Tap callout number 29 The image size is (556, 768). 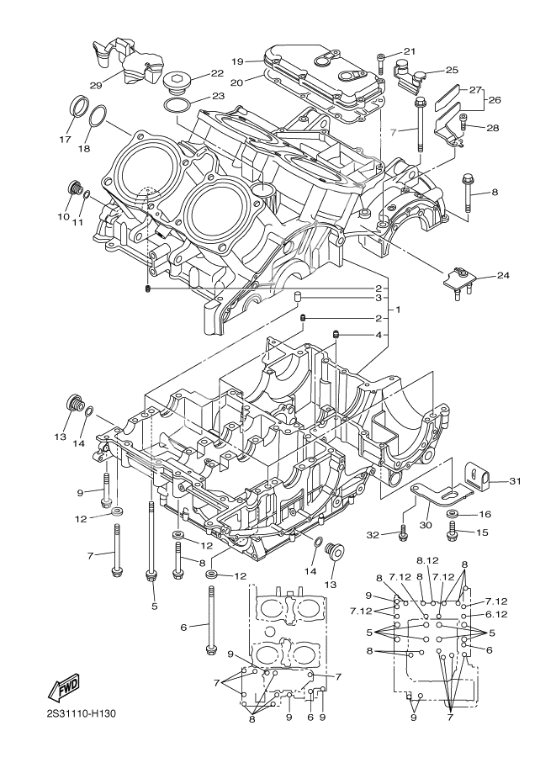96,85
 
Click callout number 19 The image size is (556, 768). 238,61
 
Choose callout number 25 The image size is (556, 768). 452,70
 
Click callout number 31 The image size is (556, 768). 515,481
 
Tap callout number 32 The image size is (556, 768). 373,533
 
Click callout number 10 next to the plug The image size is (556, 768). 63,216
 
